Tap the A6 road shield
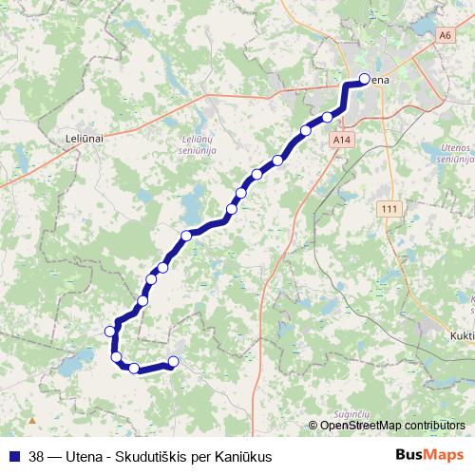446,34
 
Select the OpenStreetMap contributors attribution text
392,425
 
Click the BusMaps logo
428,455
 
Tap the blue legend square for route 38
13,455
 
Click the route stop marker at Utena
364,80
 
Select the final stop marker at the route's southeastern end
173,360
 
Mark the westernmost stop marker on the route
110,331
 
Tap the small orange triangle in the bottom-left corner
32,419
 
